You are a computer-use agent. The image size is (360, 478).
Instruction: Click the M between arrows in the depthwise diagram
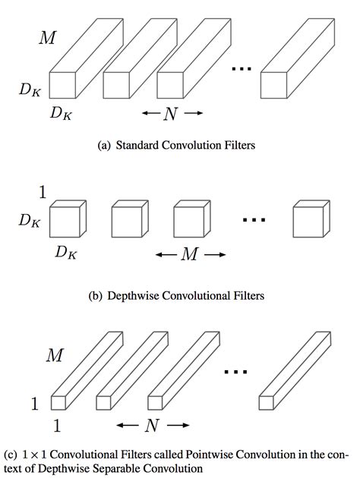tap(190, 256)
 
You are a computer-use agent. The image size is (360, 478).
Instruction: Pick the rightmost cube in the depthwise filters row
tap(309, 221)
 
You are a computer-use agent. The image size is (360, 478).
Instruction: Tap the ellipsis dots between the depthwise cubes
tap(254, 220)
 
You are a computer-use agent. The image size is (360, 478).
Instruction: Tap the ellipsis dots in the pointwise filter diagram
tap(237, 371)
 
